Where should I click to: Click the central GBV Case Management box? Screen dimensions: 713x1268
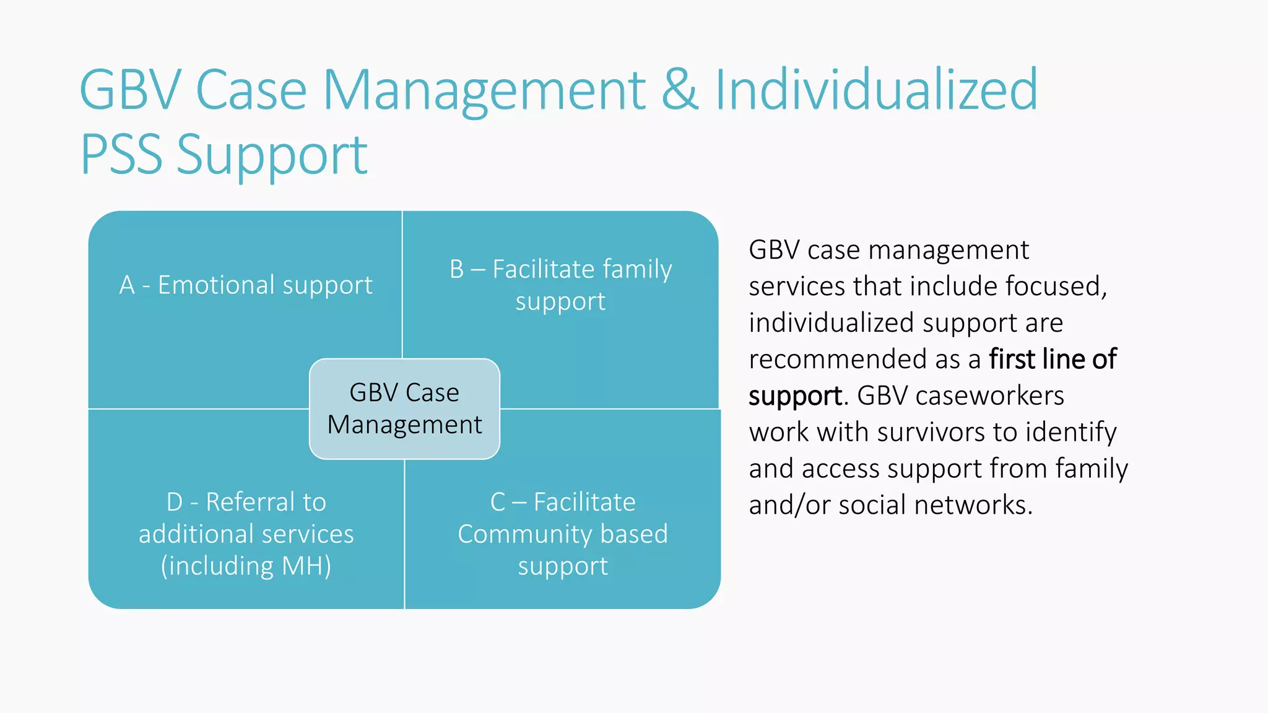[404, 408]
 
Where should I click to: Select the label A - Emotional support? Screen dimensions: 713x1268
[246, 285]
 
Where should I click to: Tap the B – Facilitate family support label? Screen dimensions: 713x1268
[560, 285]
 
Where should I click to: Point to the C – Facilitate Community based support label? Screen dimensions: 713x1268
[563, 534]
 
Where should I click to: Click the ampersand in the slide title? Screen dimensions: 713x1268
[680, 90]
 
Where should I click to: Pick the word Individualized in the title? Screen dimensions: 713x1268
[876, 90]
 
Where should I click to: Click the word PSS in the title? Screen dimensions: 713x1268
[121, 155]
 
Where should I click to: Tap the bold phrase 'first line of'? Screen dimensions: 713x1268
[1053, 359]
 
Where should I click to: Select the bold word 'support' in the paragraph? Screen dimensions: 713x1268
[795, 396]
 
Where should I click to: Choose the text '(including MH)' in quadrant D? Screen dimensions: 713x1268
[246, 566]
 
